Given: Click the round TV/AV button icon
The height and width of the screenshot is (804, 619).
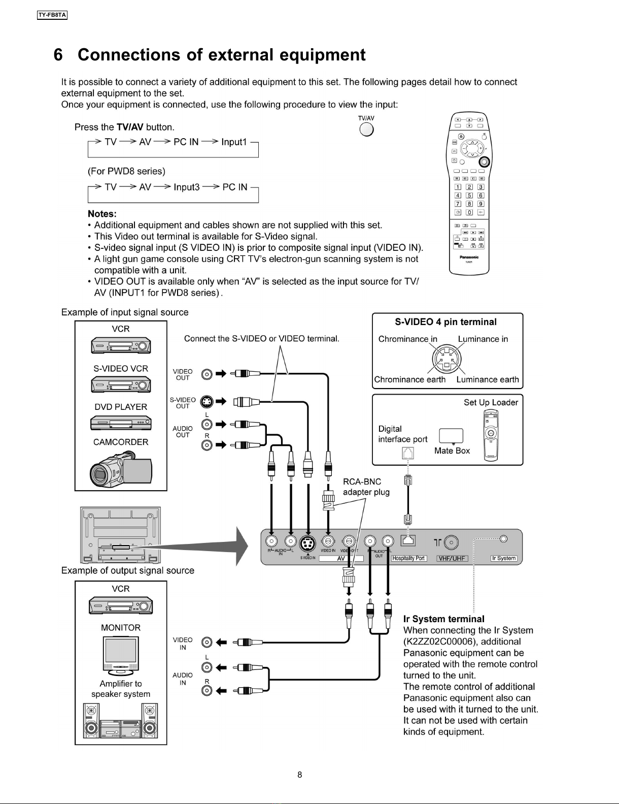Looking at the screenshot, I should pyautogui.click(x=366, y=130).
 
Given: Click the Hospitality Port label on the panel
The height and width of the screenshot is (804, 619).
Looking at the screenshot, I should pyautogui.click(x=408, y=558).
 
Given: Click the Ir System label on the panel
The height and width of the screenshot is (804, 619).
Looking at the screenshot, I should pyautogui.click(x=504, y=558).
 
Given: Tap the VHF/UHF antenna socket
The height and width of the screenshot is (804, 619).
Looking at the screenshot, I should pyautogui.click(x=452, y=543).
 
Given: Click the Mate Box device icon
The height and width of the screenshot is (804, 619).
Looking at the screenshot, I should pyautogui.click(x=451, y=436).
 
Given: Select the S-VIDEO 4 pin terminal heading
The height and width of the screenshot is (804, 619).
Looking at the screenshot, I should pyautogui.click(x=445, y=322).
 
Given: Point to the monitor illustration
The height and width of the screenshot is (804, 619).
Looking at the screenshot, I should pyautogui.click(x=121, y=655).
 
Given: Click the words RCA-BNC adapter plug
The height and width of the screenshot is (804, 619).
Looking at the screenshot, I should pyautogui.click(x=366, y=487).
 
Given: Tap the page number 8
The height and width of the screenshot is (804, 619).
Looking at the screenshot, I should pyautogui.click(x=300, y=775).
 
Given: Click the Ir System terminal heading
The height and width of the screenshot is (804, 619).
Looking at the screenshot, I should pyautogui.click(x=443, y=619).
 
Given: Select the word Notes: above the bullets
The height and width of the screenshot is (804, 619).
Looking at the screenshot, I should pyautogui.click(x=102, y=214).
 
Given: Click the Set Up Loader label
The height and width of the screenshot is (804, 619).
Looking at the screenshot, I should pyautogui.click(x=490, y=402).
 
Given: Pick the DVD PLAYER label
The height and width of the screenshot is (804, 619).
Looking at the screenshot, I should pyautogui.click(x=121, y=407).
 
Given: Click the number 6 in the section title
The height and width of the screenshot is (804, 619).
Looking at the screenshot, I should pyautogui.click(x=58, y=55).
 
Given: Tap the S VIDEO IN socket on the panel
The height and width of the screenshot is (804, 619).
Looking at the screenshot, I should pyautogui.click(x=307, y=543).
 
